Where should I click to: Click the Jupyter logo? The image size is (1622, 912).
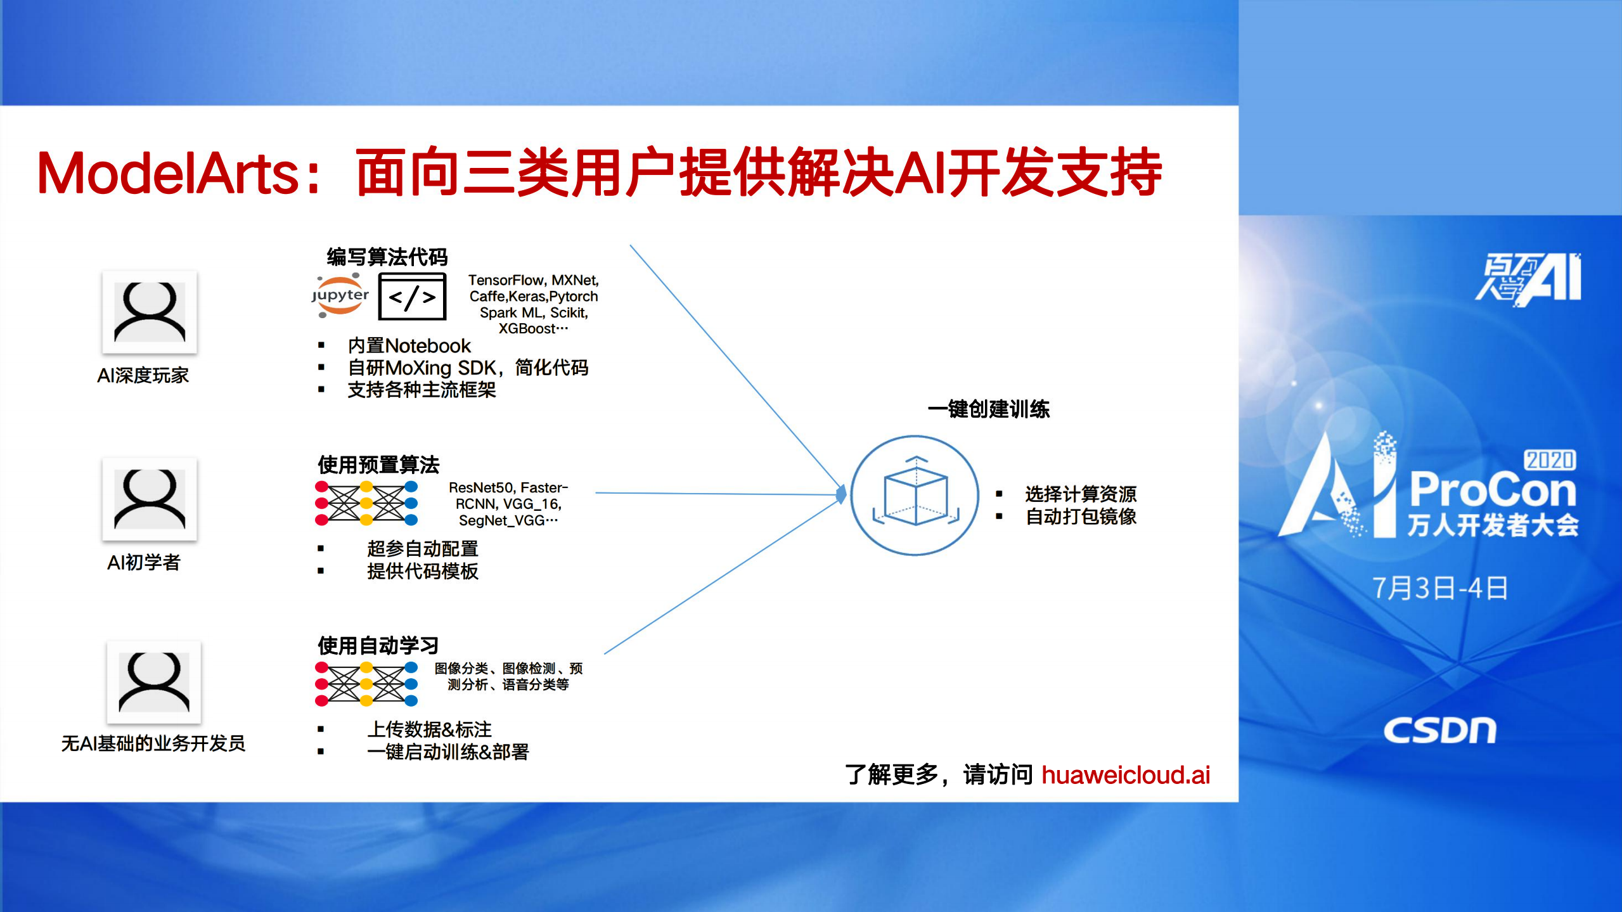(x=340, y=295)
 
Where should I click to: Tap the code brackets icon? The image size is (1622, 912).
(x=412, y=297)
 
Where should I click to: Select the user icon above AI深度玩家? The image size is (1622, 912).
(x=150, y=312)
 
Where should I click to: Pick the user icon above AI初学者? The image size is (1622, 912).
(x=150, y=499)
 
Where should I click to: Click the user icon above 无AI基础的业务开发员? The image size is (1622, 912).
(x=154, y=681)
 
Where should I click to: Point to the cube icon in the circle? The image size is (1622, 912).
(x=915, y=495)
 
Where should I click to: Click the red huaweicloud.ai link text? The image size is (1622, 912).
(x=1125, y=774)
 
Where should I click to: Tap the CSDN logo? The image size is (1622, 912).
(x=1439, y=731)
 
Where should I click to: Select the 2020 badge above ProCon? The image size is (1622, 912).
(x=1549, y=459)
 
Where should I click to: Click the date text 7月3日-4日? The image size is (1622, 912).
(x=1439, y=588)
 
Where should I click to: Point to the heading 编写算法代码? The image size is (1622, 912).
(x=387, y=257)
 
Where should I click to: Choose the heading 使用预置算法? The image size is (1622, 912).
(x=378, y=465)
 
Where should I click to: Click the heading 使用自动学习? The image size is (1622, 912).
(x=378, y=645)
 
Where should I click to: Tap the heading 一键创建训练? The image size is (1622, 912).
(x=988, y=409)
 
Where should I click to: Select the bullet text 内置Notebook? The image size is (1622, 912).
(x=409, y=345)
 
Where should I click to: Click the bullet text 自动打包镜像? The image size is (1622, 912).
(x=1081, y=517)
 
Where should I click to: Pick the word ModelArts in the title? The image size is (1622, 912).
(x=168, y=174)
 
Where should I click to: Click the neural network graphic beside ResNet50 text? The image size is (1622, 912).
(x=366, y=503)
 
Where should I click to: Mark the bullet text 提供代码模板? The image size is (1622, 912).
(x=422, y=571)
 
